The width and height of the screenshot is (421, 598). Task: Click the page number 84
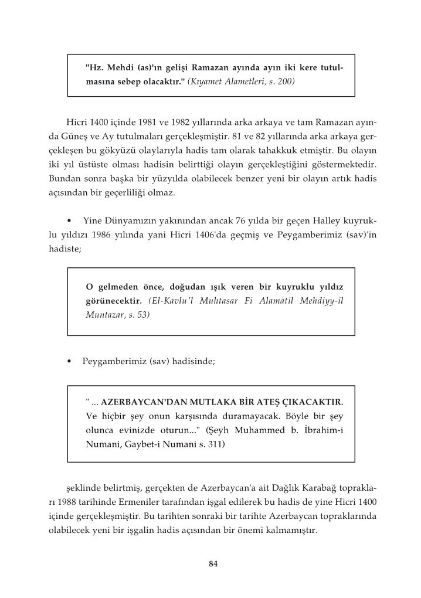coord(213,564)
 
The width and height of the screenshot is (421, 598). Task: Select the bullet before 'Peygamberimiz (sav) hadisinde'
coord(70,362)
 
